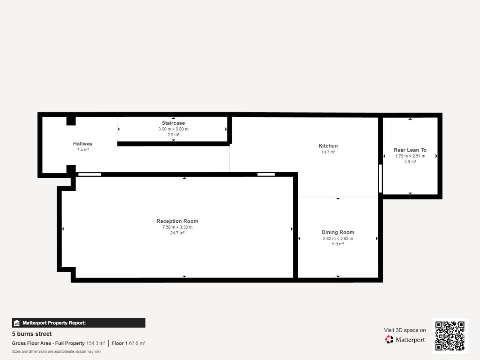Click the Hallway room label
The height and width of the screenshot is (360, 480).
click(x=83, y=144)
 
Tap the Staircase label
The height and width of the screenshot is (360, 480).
click(x=173, y=123)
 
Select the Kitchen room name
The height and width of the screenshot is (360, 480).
click(x=328, y=146)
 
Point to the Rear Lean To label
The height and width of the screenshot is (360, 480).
click(x=410, y=150)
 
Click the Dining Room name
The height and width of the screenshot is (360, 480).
click(x=338, y=232)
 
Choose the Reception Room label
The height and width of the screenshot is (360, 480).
click(x=177, y=221)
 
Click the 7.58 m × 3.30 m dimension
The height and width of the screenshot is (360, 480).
click(x=178, y=227)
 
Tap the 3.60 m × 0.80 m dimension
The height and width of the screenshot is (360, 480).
click(x=173, y=129)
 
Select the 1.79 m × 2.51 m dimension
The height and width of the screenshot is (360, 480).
click(x=410, y=156)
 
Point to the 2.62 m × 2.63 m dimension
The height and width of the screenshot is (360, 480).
click(x=338, y=238)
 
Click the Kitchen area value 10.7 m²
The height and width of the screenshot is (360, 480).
click(x=328, y=152)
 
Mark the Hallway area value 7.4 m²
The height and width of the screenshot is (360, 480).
click(x=83, y=150)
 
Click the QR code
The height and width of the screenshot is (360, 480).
click(x=450, y=336)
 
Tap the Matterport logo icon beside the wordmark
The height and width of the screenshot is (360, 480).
click(x=389, y=339)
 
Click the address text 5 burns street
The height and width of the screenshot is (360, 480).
click(x=32, y=334)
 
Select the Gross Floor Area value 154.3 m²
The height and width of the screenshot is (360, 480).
click(x=96, y=343)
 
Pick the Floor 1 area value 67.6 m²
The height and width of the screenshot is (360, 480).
click(x=137, y=343)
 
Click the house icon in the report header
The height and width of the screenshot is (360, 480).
click(x=17, y=323)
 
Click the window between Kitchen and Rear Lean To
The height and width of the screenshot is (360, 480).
click(x=381, y=179)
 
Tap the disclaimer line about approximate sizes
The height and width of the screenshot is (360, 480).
click(x=57, y=351)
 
